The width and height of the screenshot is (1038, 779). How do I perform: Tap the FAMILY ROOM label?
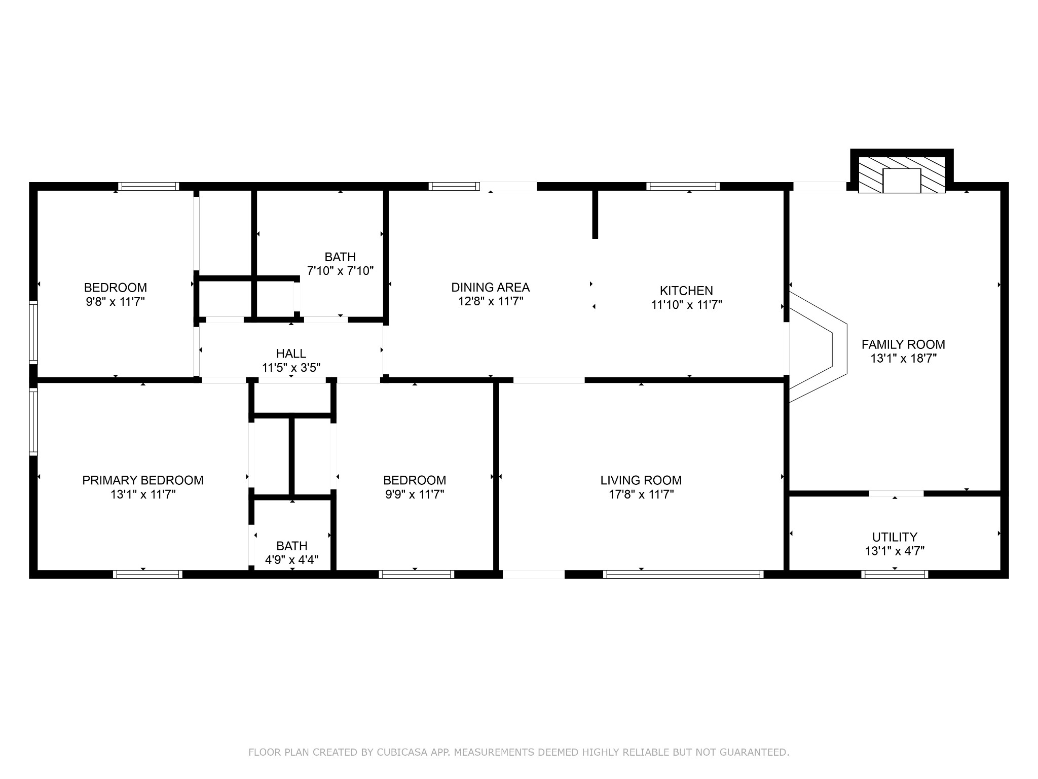(903, 344)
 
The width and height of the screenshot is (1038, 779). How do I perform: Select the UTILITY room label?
(895, 537)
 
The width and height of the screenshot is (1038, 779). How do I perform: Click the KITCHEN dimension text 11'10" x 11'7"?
(686, 305)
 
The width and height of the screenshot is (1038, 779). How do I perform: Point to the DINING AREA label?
(490, 288)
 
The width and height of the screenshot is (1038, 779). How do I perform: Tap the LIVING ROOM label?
(641, 480)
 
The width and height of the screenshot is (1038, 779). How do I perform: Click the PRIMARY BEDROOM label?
(143, 480)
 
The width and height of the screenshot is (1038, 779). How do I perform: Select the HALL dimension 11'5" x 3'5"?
(291, 368)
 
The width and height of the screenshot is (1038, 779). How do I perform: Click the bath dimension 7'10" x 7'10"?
(340, 271)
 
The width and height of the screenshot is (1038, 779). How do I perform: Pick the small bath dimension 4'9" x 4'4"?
(291, 560)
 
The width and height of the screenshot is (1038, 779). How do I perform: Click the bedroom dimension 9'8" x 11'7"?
(115, 302)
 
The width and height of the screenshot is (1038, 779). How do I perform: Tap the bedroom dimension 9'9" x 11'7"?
(415, 494)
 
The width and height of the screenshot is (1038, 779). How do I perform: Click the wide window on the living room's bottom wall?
(683, 574)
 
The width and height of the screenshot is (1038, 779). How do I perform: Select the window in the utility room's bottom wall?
(895, 574)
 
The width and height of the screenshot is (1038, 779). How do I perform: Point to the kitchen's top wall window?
(683, 186)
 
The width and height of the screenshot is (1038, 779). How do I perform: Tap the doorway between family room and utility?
(897, 493)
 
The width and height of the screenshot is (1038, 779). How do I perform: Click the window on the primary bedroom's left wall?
(33, 421)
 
